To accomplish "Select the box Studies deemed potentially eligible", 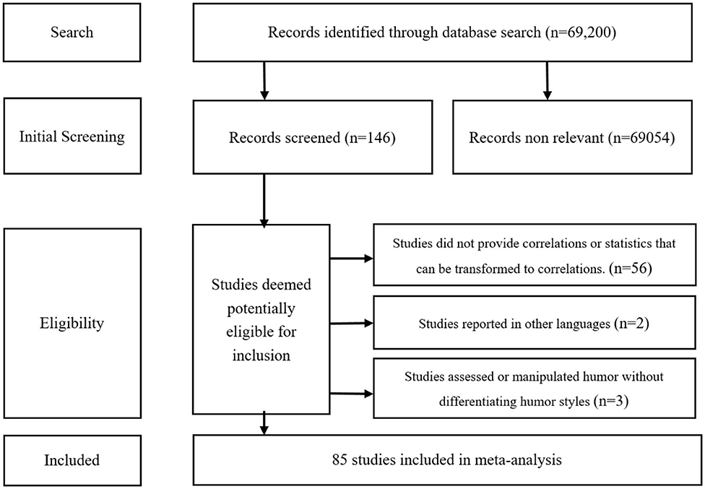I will tap(261, 317).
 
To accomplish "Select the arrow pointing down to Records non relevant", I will tap(547, 79).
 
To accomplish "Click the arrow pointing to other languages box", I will tap(351, 324).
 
